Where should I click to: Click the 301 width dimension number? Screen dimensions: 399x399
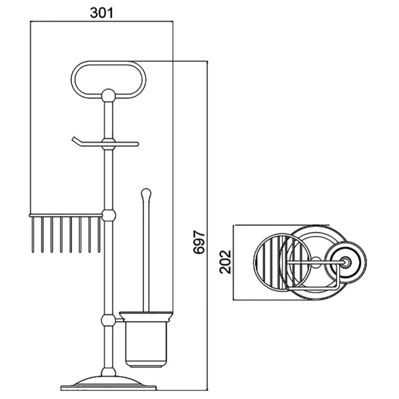[x=101, y=13]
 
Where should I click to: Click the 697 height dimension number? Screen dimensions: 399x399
[x=199, y=242]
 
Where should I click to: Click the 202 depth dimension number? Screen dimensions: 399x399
[x=225, y=262]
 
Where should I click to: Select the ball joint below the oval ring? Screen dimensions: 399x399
[x=108, y=95]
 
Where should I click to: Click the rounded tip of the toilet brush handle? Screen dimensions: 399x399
[x=146, y=193]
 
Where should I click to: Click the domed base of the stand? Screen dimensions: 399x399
[x=108, y=381]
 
